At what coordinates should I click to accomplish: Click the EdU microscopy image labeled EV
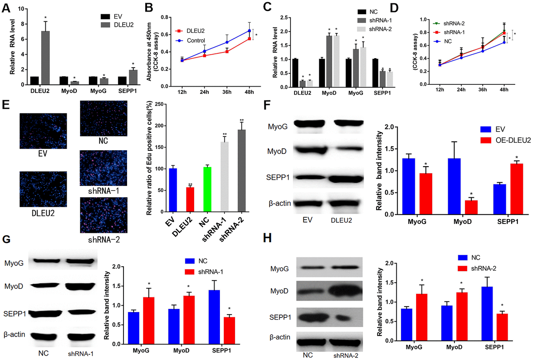pos(43,131)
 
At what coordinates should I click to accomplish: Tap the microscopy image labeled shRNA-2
pos(103,215)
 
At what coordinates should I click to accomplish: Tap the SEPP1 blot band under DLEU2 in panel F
pos(349,178)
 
